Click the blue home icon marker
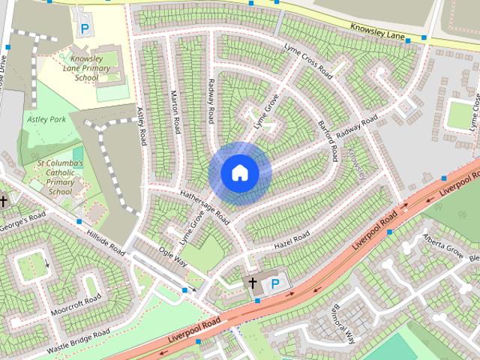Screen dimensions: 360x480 point(239,173)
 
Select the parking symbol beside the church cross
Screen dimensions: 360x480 point(274,283)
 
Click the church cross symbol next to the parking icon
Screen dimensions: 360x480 point(253,283)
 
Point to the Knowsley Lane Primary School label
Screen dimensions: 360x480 point(91,67)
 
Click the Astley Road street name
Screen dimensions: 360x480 point(141,125)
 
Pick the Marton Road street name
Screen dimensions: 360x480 point(176,112)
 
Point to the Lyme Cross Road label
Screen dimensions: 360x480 point(308,61)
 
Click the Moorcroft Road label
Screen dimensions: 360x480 point(76,305)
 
